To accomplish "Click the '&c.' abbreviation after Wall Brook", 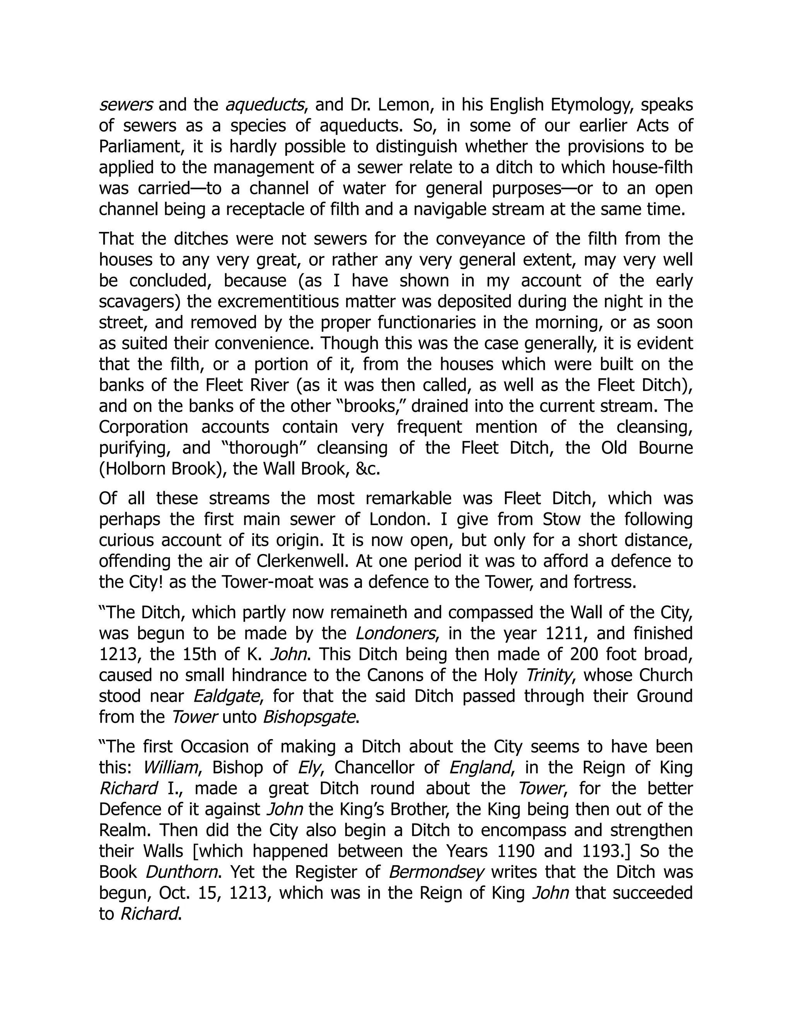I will coord(367,469).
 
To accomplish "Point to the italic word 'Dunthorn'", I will coord(182,872).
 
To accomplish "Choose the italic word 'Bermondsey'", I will coord(436,872).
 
